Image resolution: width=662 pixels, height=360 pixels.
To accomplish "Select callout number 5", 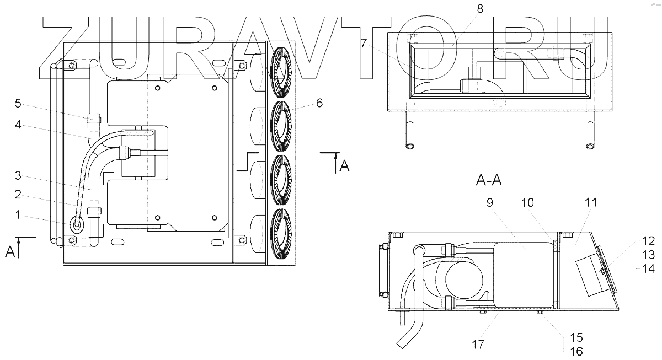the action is [18, 103].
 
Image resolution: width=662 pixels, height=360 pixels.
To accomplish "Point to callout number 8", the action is [479, 8].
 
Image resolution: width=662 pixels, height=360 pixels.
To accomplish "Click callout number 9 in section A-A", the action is [489, 202].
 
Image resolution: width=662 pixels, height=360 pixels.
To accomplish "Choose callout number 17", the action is [478, 345].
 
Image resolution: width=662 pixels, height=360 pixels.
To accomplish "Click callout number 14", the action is [648, 268].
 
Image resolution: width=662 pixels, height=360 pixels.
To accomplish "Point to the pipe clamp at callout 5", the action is [93, 119].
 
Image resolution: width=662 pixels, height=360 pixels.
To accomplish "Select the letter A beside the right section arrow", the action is [344, 165].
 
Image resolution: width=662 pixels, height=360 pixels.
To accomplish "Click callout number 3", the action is [18, 176].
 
